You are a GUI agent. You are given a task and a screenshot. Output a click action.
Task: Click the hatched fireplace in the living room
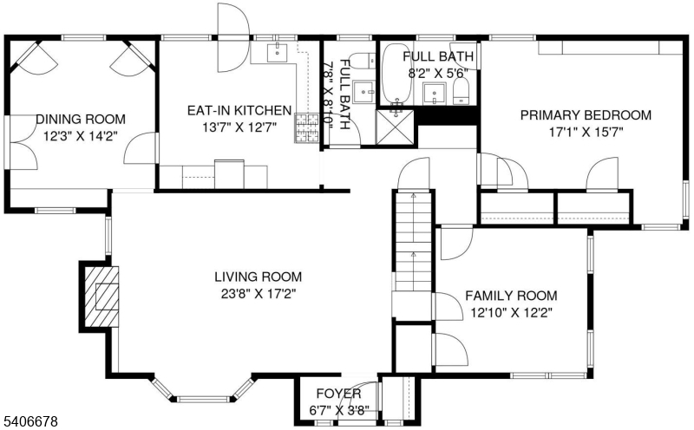[101, 296]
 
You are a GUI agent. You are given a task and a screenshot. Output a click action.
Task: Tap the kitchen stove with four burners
[307, 127]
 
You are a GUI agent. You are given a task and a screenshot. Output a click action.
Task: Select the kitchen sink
[277, 53]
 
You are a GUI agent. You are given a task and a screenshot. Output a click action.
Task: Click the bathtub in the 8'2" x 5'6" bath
[397, 74]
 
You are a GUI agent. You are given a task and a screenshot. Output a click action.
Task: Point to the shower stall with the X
[395, 127]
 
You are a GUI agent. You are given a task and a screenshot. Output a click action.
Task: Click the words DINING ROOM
[81, 119]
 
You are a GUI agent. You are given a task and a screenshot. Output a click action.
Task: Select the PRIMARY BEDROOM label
[586, 115]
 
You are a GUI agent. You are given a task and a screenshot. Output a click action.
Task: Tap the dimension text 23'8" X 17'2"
[259, 293]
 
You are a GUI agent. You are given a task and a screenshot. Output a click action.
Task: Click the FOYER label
[338, 394]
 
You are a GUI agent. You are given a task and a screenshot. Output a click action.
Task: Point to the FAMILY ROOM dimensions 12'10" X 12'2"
[511, 313]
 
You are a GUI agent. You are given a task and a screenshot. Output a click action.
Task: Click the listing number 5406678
[29, 420]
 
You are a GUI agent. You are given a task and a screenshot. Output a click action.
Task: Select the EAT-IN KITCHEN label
[239, 110]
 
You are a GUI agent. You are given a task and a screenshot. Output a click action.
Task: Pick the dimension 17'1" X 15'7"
[586, 133]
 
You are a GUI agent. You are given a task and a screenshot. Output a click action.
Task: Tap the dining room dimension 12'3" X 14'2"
[80, 136]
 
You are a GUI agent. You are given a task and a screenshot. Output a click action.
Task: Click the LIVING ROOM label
[258, 277]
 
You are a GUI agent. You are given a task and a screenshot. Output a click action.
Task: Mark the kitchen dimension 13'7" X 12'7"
[239, 127]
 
